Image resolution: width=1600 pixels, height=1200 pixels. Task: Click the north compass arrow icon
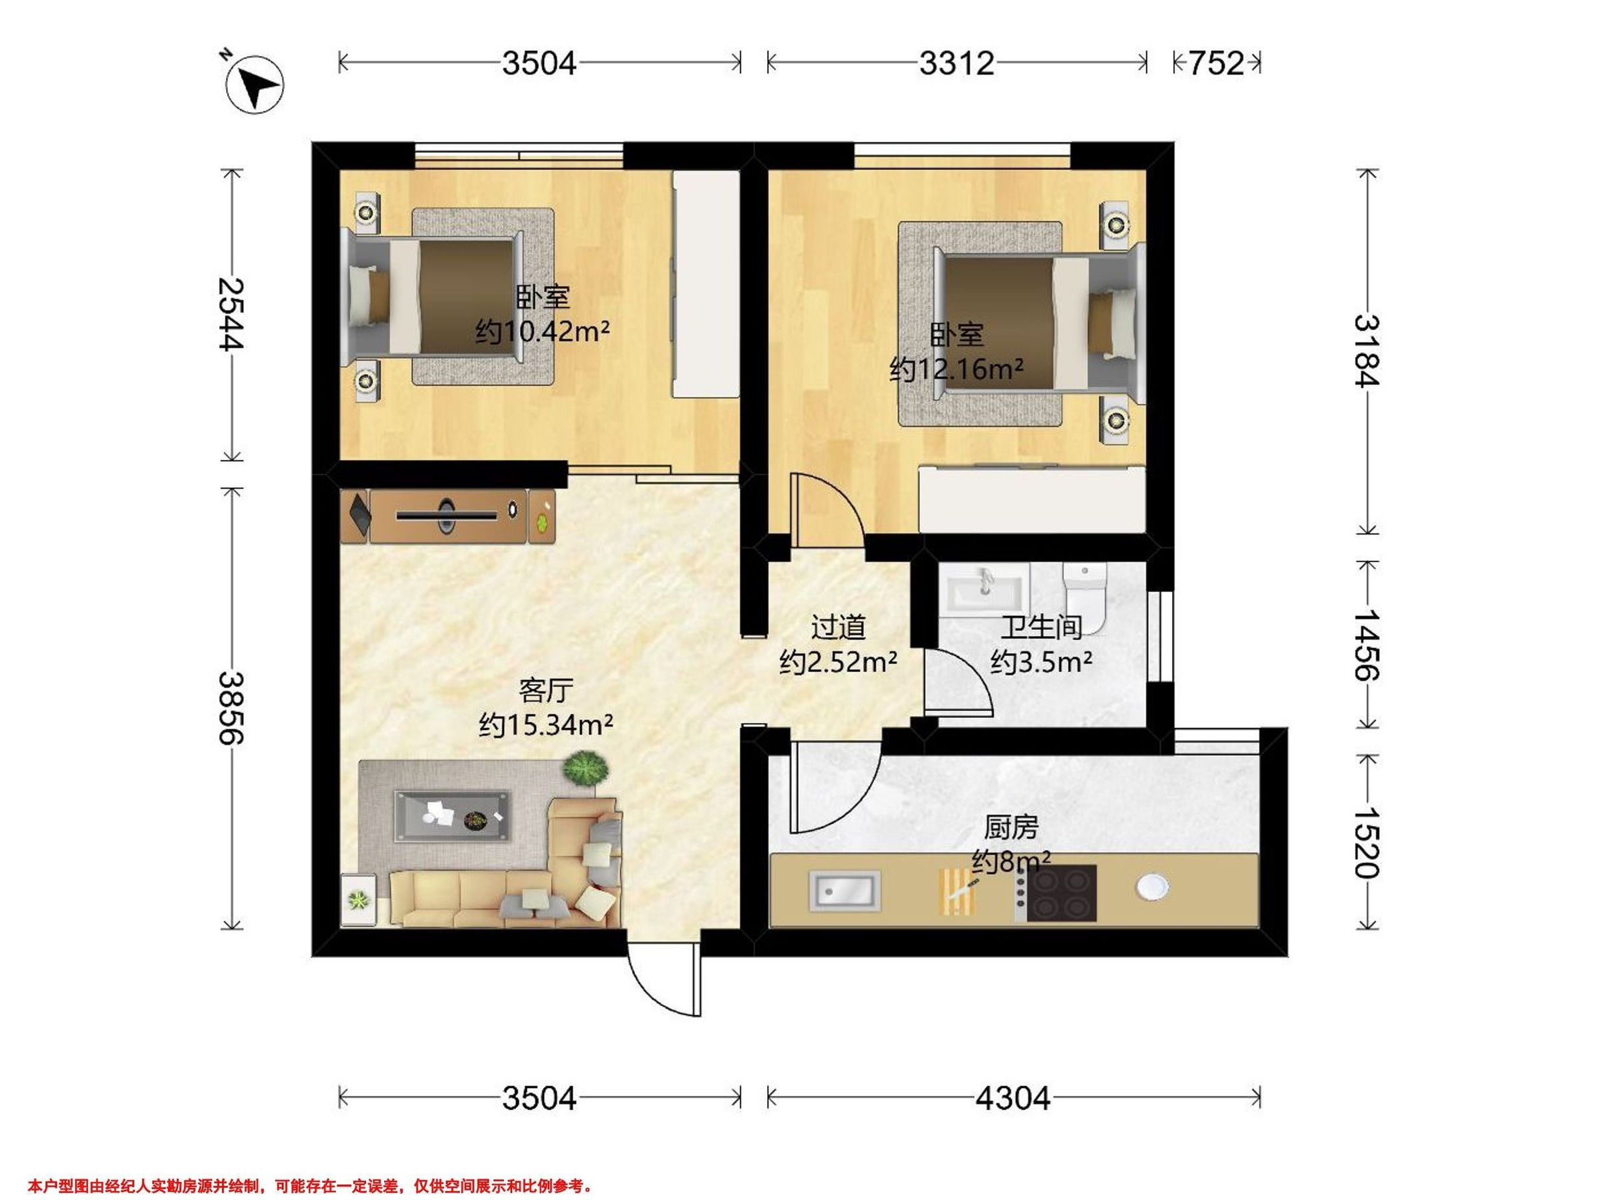pos(255,85)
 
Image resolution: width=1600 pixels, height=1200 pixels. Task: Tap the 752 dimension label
pos(1217,63)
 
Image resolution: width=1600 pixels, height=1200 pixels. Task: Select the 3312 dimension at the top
pos(956,63)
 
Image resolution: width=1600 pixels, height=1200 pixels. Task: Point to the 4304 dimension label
pos(1013,1099)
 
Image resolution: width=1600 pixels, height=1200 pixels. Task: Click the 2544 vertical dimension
pos(232,314)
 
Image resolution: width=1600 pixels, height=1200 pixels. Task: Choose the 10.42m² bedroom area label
pos(542,332)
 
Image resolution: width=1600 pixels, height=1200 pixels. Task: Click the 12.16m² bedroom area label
pos(956,369)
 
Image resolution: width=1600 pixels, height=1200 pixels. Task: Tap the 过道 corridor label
pos(839,627)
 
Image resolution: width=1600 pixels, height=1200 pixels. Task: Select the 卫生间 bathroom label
pos(1041,627)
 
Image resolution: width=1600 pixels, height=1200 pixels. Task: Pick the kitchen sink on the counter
pos(845,891)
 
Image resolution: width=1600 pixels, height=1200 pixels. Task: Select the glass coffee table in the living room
pos(452,816)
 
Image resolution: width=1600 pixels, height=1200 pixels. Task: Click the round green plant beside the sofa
pos(585,768)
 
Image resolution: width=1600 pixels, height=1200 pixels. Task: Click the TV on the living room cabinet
pos(447,516)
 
